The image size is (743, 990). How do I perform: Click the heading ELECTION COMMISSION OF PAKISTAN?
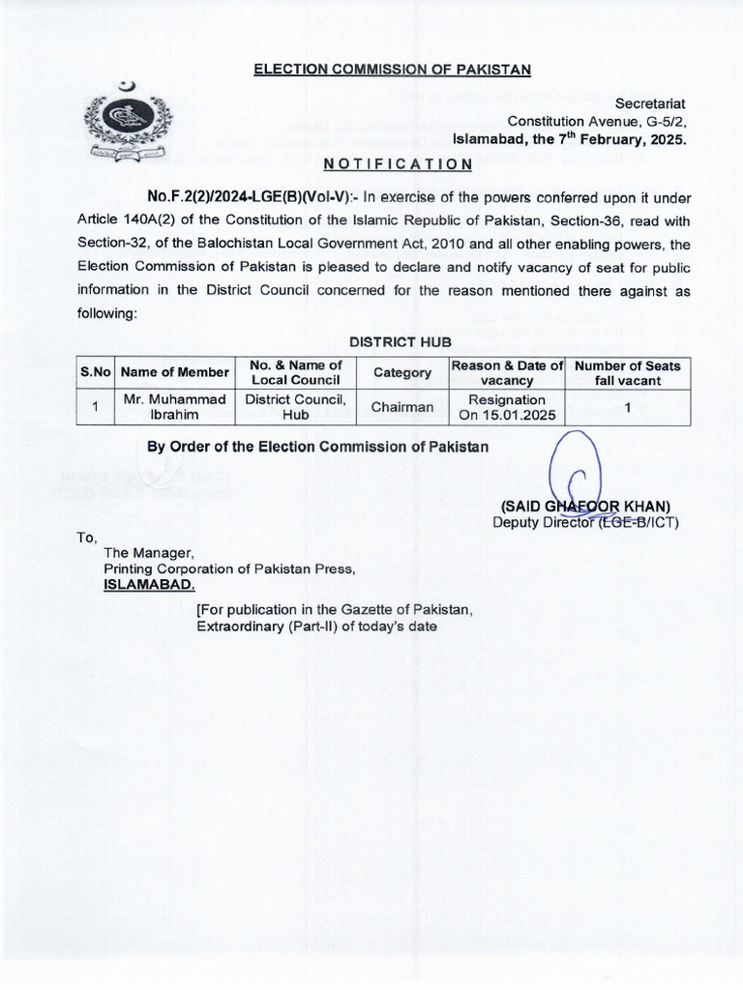[392, 69]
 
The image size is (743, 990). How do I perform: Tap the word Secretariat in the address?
[651, 102]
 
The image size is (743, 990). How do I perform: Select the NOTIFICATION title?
[398, 164]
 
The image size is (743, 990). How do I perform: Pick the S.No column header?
[97, 372]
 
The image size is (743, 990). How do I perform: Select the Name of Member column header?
[175, 372]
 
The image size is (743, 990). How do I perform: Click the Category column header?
[402, 372]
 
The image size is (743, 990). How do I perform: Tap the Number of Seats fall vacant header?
[628, 372]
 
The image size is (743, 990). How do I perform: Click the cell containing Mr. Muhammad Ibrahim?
[175, 407]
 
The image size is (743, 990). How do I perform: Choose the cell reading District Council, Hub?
[296, 407]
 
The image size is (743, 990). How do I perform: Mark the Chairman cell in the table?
[402, 407]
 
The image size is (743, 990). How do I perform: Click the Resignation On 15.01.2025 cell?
[507, 407]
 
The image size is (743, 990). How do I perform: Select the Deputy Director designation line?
[585, 523]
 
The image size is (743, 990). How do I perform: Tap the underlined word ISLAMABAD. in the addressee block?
[149, 585]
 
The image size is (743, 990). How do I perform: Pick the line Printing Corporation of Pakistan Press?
[229, 568]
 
